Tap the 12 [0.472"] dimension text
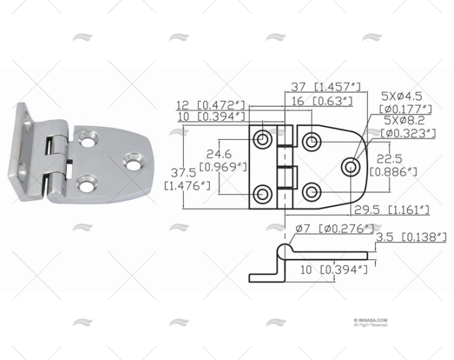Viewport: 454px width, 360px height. [x=211, y=104]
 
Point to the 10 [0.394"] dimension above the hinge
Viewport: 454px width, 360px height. [x=211, y=117]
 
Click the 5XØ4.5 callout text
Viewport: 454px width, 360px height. [x=407, y=96]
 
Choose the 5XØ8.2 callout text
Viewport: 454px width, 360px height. [x=407, y=121]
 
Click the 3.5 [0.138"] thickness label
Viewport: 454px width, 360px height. [x=411, y=237]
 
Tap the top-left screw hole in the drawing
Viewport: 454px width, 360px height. [x=263, y=140]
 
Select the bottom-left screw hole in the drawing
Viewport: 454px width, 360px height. [x=263, y=192]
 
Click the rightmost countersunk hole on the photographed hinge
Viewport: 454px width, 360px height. [x=132, y=162]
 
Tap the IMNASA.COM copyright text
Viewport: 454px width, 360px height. [x=371, y=320]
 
